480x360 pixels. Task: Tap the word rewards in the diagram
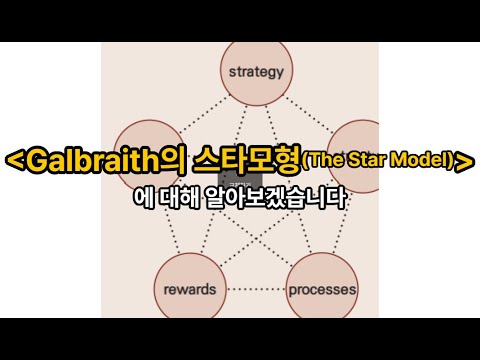coord(188,291)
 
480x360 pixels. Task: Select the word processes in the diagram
coord(322,291)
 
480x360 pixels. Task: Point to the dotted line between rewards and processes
coord(255,291)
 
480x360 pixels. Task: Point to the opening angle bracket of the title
coord(13,159)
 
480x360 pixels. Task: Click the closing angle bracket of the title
coord(464,159)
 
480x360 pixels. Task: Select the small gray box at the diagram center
coord(237,182)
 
